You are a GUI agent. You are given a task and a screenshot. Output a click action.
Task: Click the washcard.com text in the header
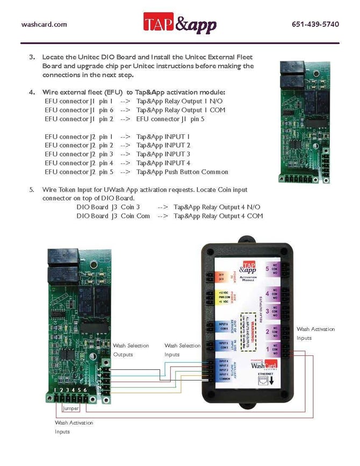pyautogui.click(x=44, y=24)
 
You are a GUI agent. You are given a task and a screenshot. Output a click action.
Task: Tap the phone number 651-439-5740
pyautogui.click(x=315, y=24)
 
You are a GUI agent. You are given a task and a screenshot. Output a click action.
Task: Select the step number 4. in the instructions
pyautogui.click(x=32, y=92)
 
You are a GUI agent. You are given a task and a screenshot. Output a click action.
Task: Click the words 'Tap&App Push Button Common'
pyautogui.click(x=182, y=172)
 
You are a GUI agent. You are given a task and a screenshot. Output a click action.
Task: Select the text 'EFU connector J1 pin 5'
pyautogui.click(x=170, y=119)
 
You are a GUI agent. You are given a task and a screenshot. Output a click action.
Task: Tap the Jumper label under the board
pyautogui.click(x=71, y=408)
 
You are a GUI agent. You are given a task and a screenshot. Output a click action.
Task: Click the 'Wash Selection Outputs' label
pyautogui.click(x=131, y=349)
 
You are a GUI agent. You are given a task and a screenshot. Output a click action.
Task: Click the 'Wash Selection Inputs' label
pyautogui.click(x=182, y=349)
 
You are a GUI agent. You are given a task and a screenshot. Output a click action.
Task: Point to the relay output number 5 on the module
pyautogui.click(x=268, y=269)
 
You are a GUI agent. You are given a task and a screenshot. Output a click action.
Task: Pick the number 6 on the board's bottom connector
pyautogui.click(x=85, y=390)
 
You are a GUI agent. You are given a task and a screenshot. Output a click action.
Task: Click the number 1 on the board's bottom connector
pyautogui.click(x=55, y=390)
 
